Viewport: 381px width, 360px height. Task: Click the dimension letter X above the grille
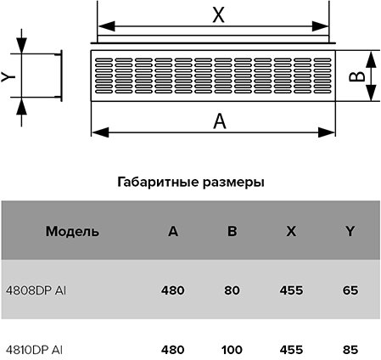pyautogui.click(x=218, y=15)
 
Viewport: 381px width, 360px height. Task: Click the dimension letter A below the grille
pyautogui.click(x=220, y=121)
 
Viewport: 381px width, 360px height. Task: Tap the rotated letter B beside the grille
pyautogui.click(x=356, y=76)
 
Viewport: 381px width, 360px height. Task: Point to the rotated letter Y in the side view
pyautogui.click(x=8, y=76)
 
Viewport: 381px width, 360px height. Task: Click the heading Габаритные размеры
pyautogui.click(x=191, y=182)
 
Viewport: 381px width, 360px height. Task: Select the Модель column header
pyautogui.click(x=72, y=231)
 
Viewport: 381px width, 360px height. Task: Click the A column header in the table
pyautogui.click(x=173, y=231)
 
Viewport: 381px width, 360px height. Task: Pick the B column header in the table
pyautogui.click(x=232, y=231)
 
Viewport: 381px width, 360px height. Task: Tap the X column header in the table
pyautogui.click(x=291, y=231)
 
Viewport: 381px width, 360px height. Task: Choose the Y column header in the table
pyautogui.click(x=350, y=231)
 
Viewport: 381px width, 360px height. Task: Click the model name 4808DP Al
pyautogui.click(x=36, y=290)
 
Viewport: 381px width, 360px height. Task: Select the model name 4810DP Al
pyautogui.click(x=34, y=350)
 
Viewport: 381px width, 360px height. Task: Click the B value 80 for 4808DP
pyautogui.click(x=232, y=290)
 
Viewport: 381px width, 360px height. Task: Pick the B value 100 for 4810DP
pyautogui.click(x=232, y=350)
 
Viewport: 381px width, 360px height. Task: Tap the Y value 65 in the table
pyautogui.click(x=350, y=290)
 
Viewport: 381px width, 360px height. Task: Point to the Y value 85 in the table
pyautogui.click(x=350, y=350)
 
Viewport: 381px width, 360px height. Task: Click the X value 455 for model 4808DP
pyautogui.click(x=291, y=290)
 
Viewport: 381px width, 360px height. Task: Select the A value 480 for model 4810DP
pyautogui.click(x=173, y=350)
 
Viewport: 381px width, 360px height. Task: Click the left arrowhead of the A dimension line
pyautogui.click(x=100, y=132)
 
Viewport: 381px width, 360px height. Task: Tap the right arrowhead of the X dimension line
pyautogui.click(x=320, y=26)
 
